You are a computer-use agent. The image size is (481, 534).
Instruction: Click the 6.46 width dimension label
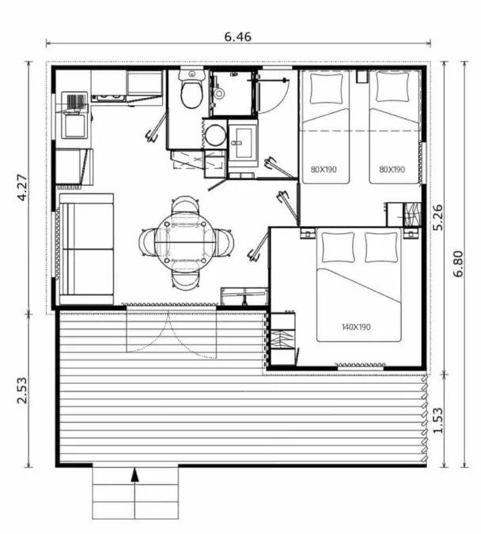pos(238,36)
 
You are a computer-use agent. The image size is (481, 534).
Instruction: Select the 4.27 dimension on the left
pos(21,188)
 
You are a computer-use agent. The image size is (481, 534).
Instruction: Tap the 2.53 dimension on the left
pos(21,389)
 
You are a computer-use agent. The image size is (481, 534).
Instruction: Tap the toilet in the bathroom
pos(190,92)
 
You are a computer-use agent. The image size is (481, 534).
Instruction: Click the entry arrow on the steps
pos(135,476)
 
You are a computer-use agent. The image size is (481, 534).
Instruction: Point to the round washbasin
pos(214,133)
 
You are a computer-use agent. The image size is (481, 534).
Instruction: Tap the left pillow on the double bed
pos(338,248)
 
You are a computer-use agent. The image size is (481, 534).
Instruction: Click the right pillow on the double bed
pos(381,247)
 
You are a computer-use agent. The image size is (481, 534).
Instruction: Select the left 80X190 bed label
pos(324,169)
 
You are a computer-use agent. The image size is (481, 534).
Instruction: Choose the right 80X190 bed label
pos(392,169)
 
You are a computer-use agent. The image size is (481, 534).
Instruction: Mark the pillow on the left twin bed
pos(327,88)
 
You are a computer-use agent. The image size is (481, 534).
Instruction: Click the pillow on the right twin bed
pos(392,88)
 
